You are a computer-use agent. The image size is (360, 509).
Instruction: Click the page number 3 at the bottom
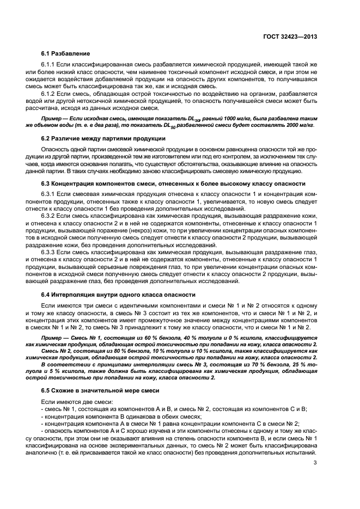(x=315, y=463)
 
